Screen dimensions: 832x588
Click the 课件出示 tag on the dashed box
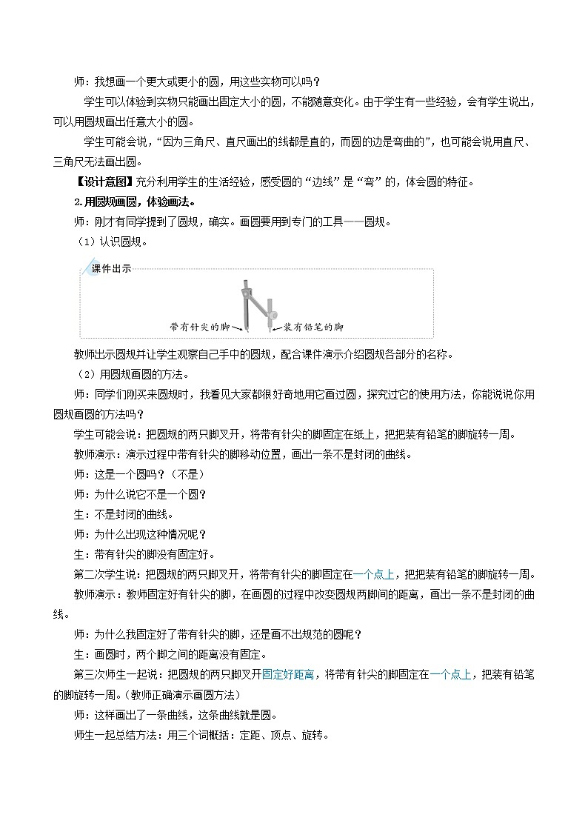point(110,269)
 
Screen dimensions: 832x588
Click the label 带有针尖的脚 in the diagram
point(200,326)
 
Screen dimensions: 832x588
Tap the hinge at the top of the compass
point(245,284)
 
